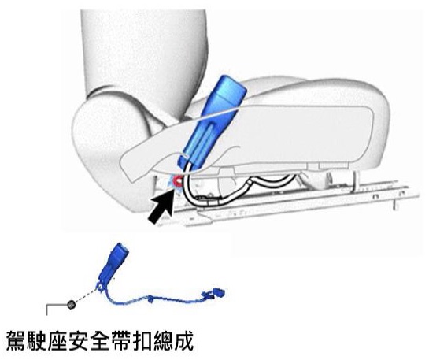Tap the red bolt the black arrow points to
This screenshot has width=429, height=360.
178,181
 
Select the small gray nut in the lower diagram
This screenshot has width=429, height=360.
71,304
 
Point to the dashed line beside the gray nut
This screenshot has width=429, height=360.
86,296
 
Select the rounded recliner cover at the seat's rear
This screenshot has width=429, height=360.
109,154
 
